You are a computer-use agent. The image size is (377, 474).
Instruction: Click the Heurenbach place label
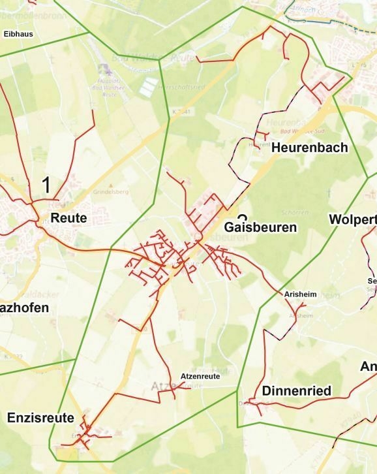point(309,148)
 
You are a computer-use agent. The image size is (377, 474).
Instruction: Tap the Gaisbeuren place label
point(260,228)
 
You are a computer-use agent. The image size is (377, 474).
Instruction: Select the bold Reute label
point(68,218)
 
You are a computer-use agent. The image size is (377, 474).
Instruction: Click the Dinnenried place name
point(296,391)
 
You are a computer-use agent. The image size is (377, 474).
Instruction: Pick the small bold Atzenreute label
point(200,377)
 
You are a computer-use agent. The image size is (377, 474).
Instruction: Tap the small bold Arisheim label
point(300,295)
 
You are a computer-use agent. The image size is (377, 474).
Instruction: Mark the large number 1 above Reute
point(46,185)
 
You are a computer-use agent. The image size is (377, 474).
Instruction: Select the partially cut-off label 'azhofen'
point(25,307)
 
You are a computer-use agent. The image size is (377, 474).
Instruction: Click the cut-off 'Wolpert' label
point(353,219)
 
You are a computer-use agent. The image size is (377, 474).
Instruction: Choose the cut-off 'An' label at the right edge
point(368,367)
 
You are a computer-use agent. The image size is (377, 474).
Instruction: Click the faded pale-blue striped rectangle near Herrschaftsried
point(150,85)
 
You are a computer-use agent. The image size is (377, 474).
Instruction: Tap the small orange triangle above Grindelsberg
point(111,186)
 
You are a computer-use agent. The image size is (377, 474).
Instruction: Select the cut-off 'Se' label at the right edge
point(372,281)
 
